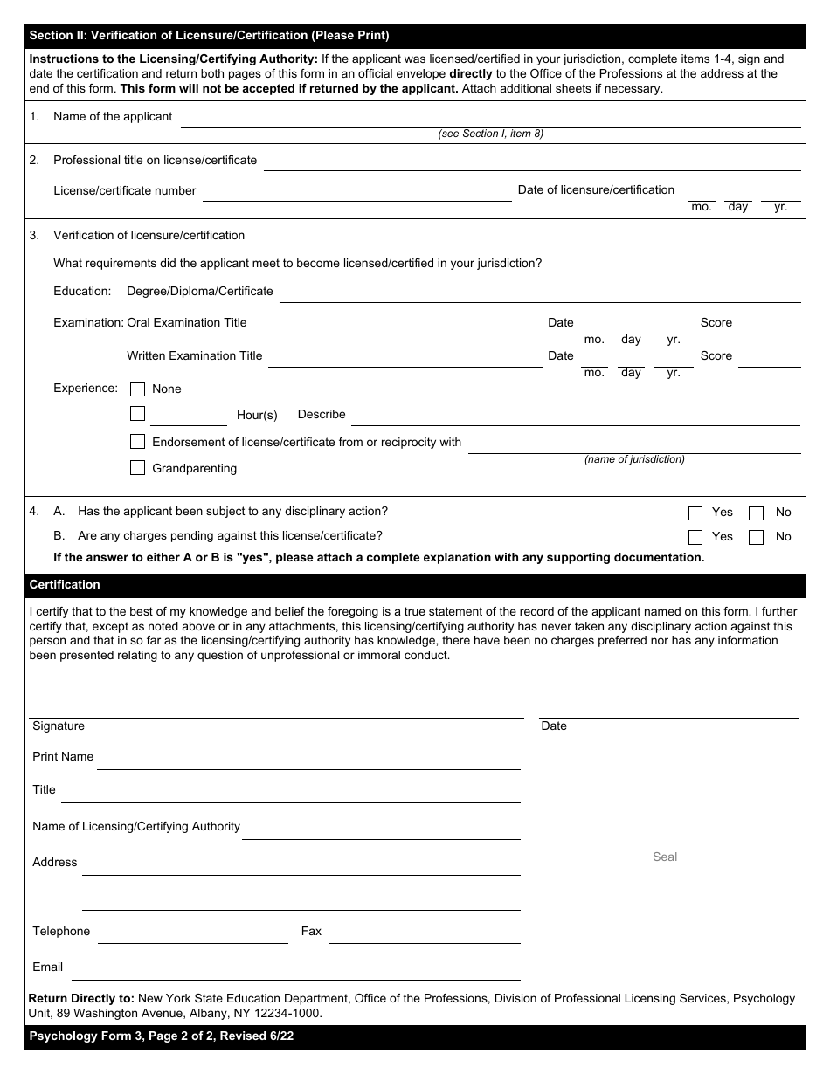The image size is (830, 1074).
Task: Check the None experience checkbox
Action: (x=137, y=389)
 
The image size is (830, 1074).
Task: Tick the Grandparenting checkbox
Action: (x=137, y=468)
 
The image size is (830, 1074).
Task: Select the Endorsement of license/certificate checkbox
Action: (x=137, y=442)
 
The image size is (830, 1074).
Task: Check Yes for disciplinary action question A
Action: (x=695, y=513)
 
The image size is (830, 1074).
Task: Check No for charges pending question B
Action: (x=757, y=538)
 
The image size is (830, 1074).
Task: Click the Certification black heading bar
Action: (x=415, y=585)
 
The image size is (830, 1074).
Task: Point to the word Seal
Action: (x=665, y=857)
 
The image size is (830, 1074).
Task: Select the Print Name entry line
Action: (x=308, y=761)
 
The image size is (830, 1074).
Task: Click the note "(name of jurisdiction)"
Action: (x=634, y=459)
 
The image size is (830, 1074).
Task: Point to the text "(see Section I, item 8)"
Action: (x=490, y=134)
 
